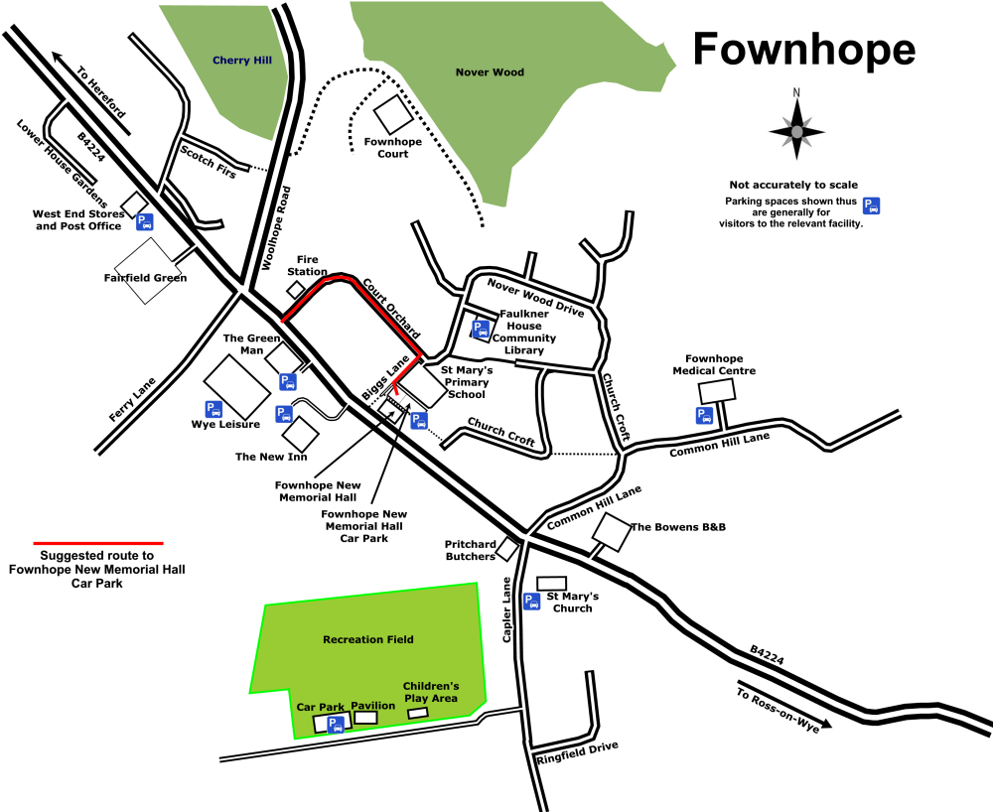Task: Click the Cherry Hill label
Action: pos(242,61)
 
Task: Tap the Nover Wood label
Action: pos(490,72)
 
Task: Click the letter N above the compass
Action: pos(796,93)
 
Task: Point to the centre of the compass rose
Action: pos(796,131)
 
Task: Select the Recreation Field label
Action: pos(368,640)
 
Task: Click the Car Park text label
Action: pos(320,708)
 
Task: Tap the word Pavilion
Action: pos(372,706)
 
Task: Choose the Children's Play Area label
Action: pos(431,692)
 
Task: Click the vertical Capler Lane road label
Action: pos(506,609)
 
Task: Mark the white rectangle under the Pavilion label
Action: pos(366,718)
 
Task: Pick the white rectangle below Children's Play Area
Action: pos(418,713)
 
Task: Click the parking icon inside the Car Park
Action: pos(337,725)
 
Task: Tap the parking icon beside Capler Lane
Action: pos(532,601)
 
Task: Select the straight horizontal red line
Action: pos(98,543)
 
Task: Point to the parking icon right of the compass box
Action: pos(871,205)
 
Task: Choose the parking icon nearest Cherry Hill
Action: pos(145,221)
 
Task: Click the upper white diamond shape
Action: pos(284,359)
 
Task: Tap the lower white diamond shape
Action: pos(301,434)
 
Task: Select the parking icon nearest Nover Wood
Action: pos(481,329)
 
